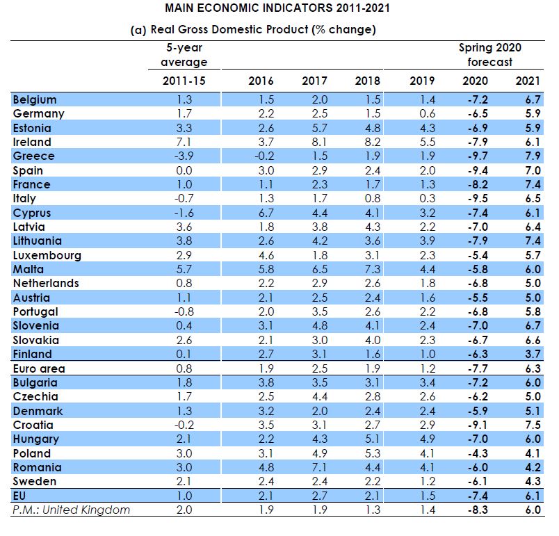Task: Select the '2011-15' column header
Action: [x=184, y=80]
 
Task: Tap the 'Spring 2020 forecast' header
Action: [x=489, y=55]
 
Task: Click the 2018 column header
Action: [x=367, y=80]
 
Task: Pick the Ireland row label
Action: [x=32, y=142]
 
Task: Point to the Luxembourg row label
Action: [x=47, y=255]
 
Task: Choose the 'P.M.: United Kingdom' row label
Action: [x=72, y=510]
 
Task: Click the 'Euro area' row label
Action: [x=38, y=368]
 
